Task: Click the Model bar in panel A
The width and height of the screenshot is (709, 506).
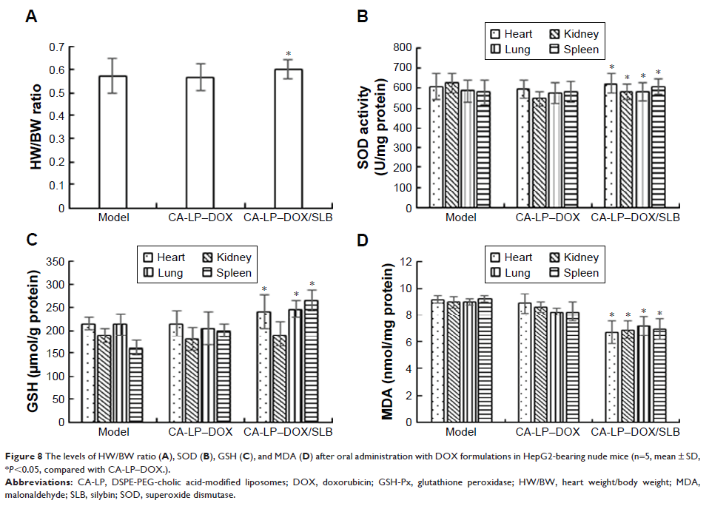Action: pos(113,142)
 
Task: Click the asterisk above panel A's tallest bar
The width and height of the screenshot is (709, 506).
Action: pos(288,54)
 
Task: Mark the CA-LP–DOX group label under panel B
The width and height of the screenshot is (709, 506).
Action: pos(548,218)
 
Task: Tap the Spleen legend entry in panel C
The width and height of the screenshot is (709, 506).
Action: pos(222,273)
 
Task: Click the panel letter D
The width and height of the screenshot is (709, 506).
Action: pos(363,241)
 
